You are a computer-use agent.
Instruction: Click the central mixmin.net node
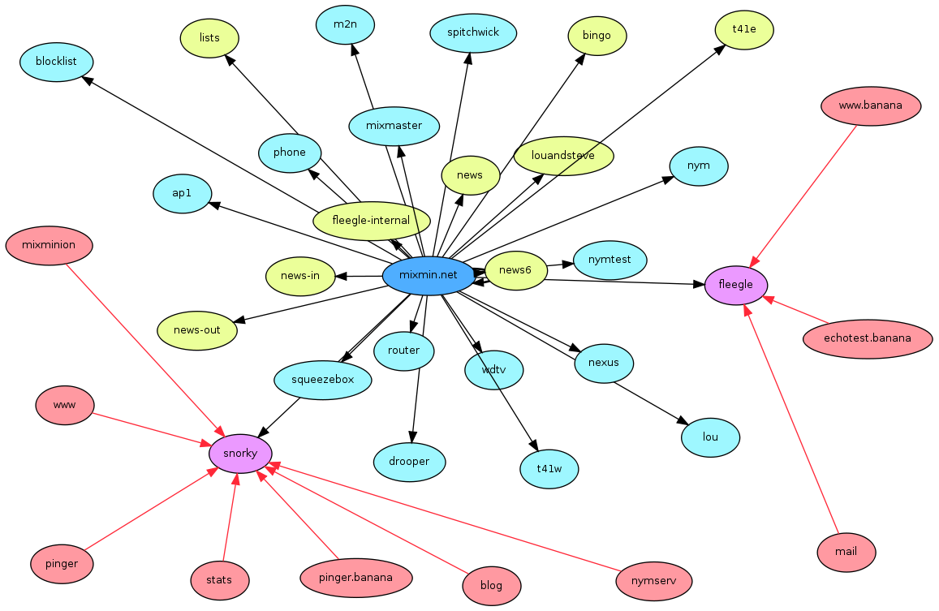tap(428, 276)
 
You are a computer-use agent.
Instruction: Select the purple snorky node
tap(240, 454)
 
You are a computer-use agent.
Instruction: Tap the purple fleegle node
tap(736, 285)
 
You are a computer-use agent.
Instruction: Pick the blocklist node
tap(56, 62)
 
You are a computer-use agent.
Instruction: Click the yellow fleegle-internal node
tap(371, 221)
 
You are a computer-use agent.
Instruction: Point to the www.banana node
tap(871, 105)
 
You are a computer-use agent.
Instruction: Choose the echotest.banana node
tap(867, 338)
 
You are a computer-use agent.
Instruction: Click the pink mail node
tap(846, 552)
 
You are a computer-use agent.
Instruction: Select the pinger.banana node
tap(355, 579)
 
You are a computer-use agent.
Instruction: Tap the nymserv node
tap(653, 581)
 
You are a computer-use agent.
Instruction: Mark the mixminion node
tap(49, 245)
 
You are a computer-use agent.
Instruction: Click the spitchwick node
tap(473, 33)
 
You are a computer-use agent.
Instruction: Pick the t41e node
tap(744, 29)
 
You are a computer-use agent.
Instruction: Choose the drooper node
tap(410, 462)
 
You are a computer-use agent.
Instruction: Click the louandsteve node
tap(563, 156)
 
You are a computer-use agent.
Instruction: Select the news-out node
tap(197, 330)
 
